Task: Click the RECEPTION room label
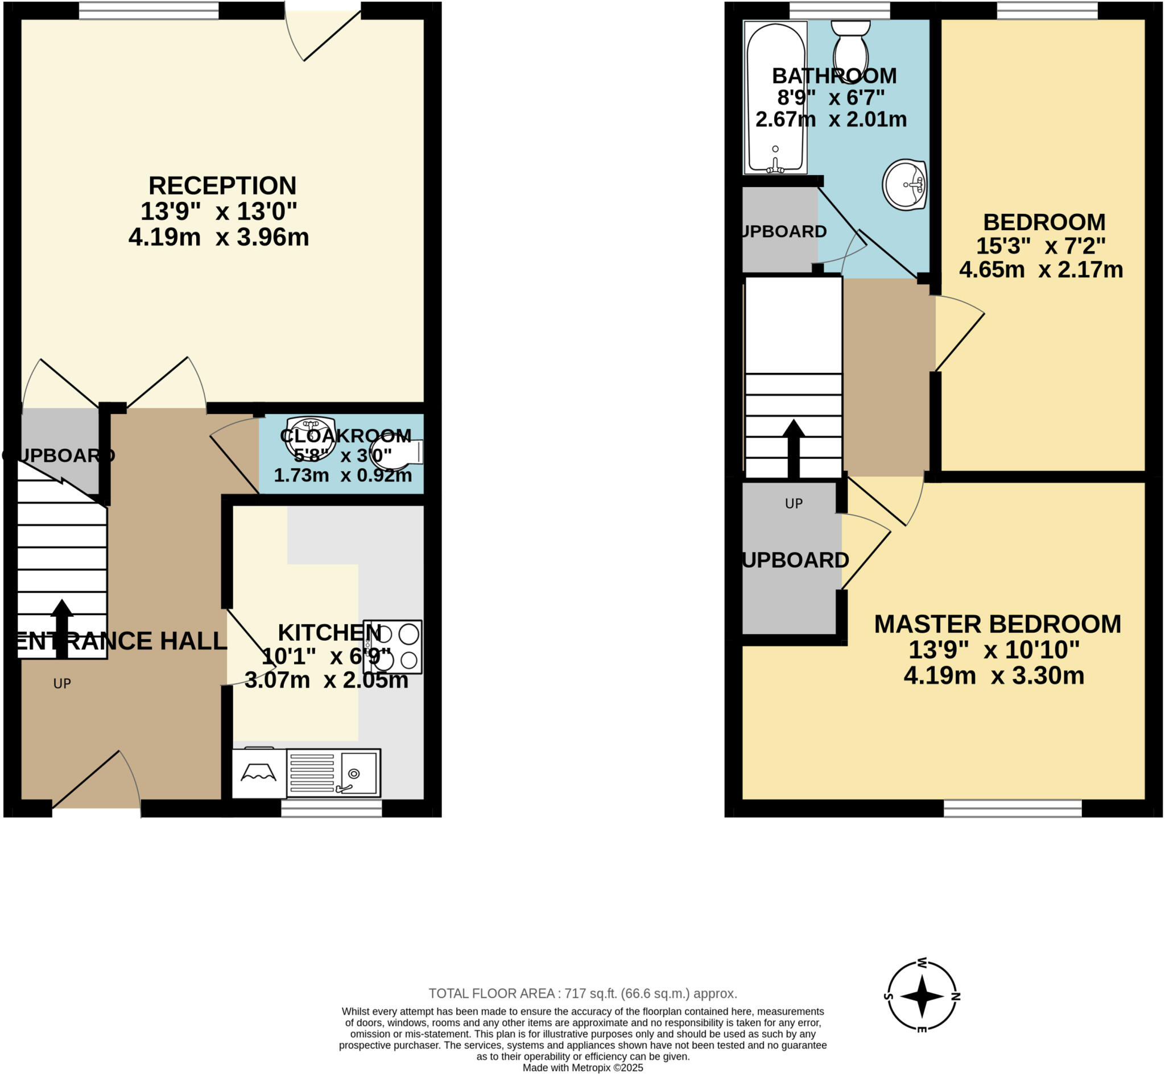click(x=222, y=186)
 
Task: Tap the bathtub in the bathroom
click(x=775, y=97)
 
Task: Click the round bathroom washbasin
click(x=904, y=184)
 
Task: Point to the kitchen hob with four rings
click(x=393, y=647)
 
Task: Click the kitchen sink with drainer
click(x=334, y=773)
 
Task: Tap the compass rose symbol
click(x=922, y=996)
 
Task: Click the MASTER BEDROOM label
click(x=998, y=624)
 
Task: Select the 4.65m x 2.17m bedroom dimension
click(x=1040, y=269)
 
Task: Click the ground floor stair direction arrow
click(x=61, y=628)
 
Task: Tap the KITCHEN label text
click(x=329, y=632)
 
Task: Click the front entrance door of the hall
click(x=97, y=782)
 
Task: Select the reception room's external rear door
click(x=323, y=32)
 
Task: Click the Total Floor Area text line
click(x=582, y=993)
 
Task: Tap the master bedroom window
click(x=1012, y=808)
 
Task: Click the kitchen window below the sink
click(x=332, y=808)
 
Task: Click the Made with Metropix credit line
click(x=582, y=1068)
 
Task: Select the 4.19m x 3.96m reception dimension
click(x=218, y=238)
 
